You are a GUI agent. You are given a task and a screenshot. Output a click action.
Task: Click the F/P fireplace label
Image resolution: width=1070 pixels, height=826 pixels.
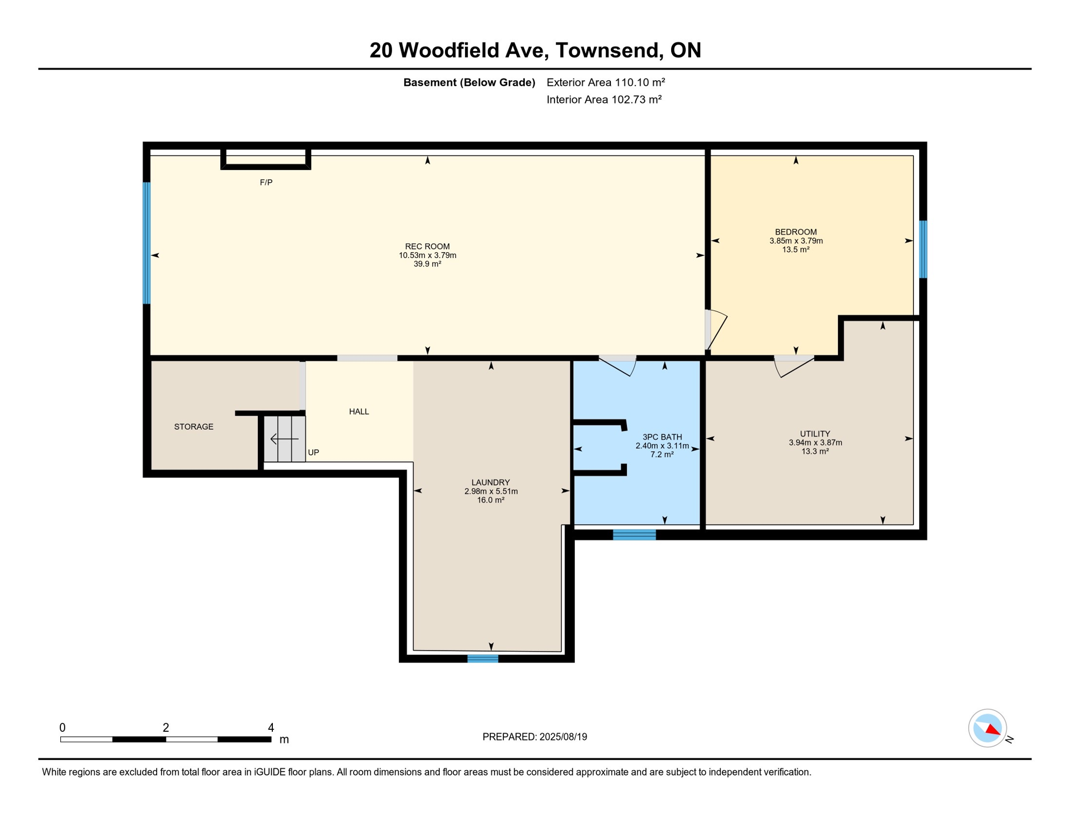tap(266, 183)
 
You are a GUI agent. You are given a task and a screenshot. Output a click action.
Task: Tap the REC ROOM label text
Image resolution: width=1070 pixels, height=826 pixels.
tap(427, 246)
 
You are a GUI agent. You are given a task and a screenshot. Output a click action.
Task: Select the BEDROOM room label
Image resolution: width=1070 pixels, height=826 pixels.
tap(796, 232)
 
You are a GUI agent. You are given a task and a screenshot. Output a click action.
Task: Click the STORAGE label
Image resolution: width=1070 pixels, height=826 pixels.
tap(194, 427)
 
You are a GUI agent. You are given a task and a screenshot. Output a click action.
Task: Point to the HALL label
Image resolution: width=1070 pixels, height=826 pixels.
tap(359, 412)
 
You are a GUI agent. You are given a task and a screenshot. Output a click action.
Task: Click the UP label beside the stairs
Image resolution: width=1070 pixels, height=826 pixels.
tap(313, 453)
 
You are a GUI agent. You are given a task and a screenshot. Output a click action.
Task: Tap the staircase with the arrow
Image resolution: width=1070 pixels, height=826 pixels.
tap(285, 439)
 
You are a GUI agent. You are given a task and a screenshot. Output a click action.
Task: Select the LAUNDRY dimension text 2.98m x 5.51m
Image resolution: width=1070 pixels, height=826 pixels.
tap(491, 492)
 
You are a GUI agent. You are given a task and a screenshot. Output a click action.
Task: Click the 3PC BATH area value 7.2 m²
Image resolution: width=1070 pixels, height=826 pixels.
tap(662, 455)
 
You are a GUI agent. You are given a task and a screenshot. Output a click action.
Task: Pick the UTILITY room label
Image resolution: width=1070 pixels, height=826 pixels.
tap(815, 434)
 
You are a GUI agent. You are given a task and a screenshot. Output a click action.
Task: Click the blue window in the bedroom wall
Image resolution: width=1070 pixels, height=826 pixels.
tap(923, 249)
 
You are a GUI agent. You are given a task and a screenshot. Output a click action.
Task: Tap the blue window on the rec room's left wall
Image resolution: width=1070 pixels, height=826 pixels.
tap(146, 243)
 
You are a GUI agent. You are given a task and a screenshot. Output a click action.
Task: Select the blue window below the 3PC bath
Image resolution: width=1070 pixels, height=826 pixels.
tap(634, 535)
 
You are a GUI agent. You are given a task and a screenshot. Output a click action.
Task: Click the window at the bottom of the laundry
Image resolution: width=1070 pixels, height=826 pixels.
tap(483, 659)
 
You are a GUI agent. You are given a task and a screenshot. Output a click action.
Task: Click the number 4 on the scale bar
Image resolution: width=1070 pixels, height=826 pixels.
tap(271, 728)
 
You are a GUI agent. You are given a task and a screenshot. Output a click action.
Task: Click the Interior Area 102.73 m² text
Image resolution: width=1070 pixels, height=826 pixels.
tap(604, 99)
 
